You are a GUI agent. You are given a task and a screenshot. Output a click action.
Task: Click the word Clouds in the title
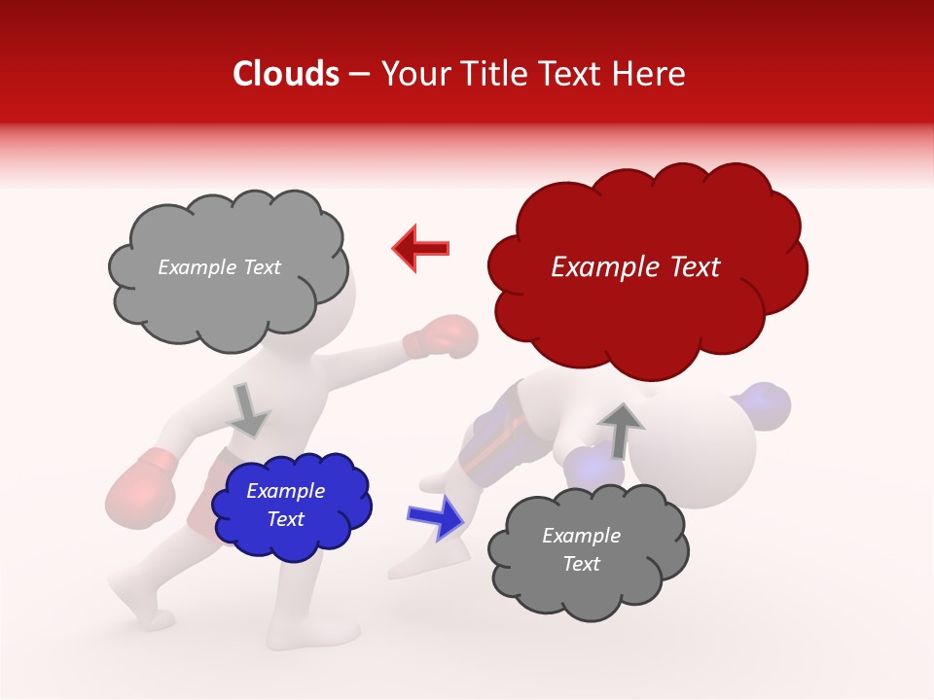[285, 74]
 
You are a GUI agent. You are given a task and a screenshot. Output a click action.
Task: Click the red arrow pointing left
[421, 247]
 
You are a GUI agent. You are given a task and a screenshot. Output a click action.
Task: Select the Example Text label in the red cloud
[635, 267]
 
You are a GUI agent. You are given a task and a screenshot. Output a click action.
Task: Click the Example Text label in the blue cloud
[286, 506]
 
